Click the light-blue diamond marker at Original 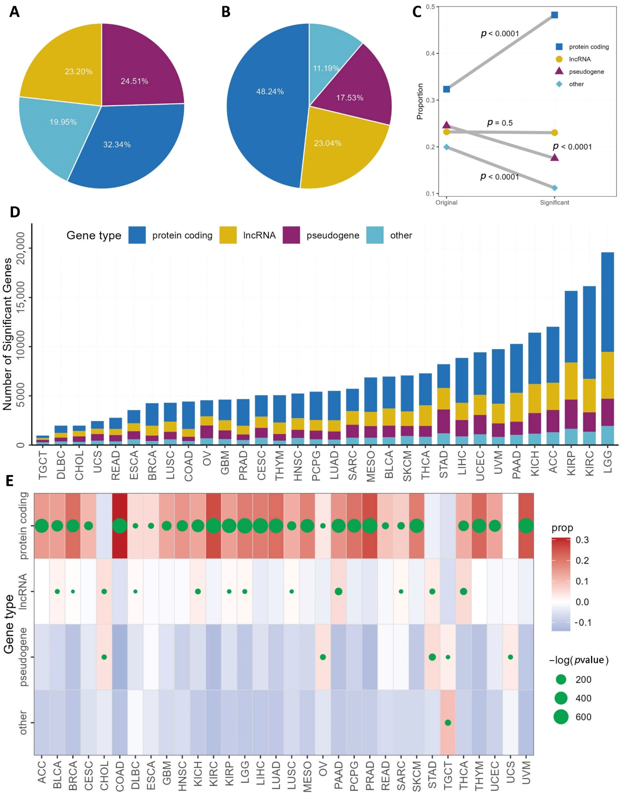coord(446,147)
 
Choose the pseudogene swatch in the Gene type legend coord(291,235)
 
